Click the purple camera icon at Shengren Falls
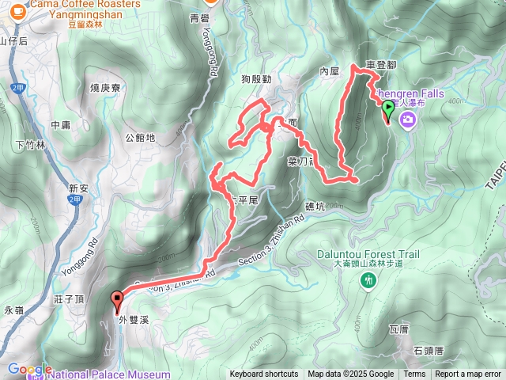click(x=408, y=119)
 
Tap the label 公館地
click(x=140, y=138)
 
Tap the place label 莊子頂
click(x=70, y=299)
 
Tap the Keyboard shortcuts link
click(x=264, y=374)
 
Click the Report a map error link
click(x=468, y=374)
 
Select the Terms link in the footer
click(x=414, y=374)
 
